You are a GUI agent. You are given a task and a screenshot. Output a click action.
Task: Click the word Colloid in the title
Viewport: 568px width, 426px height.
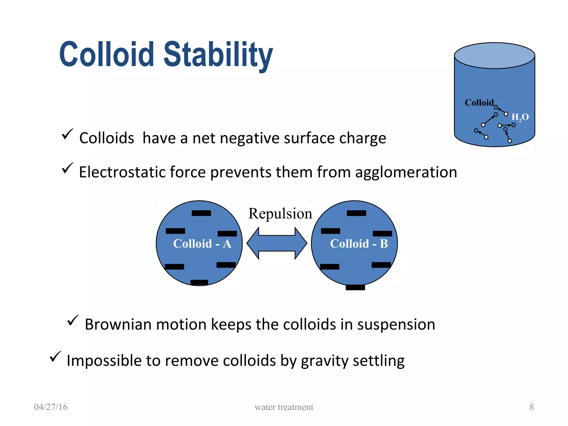[107, 54]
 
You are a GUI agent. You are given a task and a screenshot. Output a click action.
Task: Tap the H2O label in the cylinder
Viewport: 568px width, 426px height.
[520, 117]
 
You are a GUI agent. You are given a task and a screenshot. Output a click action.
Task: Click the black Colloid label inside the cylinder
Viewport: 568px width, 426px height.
[479, 103]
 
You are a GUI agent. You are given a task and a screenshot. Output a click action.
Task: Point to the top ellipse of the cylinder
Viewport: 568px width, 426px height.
[495, 55]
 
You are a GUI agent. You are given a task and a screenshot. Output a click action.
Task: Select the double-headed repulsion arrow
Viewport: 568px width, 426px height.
[277, 243]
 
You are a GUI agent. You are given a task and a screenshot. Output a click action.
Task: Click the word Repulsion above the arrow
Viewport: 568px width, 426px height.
[280, 214]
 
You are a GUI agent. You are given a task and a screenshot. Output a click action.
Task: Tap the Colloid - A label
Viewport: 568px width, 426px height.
[202, 244]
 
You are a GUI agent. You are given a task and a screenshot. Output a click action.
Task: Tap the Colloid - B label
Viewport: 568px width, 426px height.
[359, 244]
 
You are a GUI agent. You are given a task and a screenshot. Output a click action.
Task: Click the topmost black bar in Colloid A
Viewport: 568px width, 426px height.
[201, 213]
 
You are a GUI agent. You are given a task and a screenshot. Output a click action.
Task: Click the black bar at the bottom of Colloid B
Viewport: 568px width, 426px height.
[355, 287]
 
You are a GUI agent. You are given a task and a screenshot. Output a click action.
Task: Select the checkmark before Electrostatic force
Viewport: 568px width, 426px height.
[67, 168]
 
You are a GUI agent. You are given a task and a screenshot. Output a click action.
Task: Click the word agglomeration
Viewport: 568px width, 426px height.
[406, 173]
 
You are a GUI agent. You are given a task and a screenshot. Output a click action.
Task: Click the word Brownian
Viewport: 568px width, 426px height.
[118, 324]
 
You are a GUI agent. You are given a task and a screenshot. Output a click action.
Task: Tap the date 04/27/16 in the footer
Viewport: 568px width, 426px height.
[51, 407]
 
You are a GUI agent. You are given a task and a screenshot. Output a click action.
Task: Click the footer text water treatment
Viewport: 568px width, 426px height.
[284, 407]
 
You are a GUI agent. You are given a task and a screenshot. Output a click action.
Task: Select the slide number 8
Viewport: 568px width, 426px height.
[531, 407]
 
